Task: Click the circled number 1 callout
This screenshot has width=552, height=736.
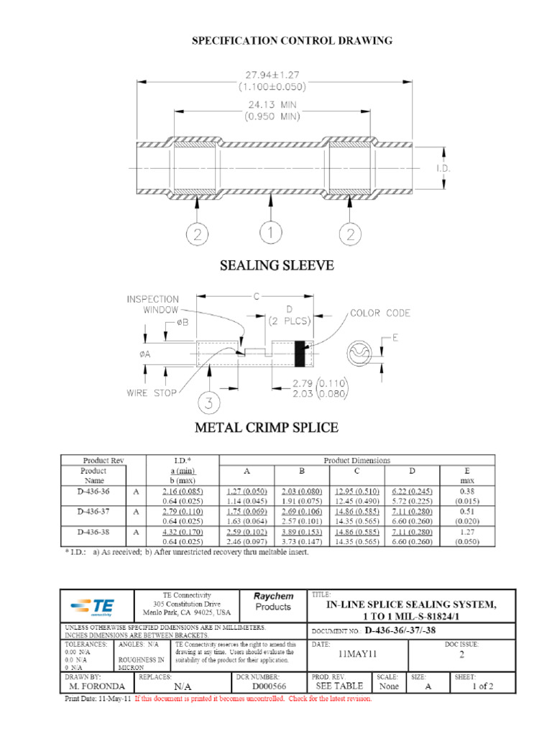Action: click(x=270, y=234)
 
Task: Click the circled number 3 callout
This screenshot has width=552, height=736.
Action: click(x=208, y=404)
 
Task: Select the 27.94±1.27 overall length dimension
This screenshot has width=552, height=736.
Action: click(x=272, y=74)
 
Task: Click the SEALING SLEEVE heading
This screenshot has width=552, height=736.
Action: click(x=276, y=266)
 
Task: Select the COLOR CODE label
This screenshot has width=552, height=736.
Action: click(x=380, y=313)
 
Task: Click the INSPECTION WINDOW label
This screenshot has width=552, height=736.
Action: click(x=153, y=304)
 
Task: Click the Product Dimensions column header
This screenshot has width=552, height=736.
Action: click(x=357, y=460)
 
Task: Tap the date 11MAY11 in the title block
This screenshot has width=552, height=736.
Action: click(x=356, y=655)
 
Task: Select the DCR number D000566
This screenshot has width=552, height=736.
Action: click(x=270, y=686)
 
